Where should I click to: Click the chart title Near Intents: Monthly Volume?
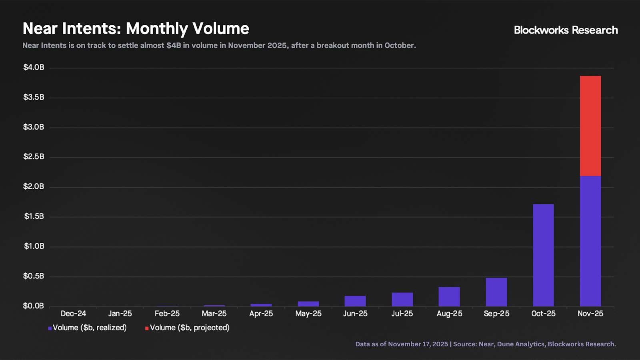coord(136,29)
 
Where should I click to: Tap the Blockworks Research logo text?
coord(566,30)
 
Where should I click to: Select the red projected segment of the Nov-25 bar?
coord(590,126)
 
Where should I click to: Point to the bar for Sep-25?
coord(496,292)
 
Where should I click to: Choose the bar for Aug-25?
coord(449,296)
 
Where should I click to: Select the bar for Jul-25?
coord(402,299)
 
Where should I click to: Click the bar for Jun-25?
coord(355,301)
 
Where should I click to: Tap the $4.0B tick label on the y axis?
coord(34,67)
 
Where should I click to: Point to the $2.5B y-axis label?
coord(34,156)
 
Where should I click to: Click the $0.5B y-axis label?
coord(34,276)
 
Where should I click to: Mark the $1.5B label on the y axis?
coord(34,216)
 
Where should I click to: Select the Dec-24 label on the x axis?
coord(73,314)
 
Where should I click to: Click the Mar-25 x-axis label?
coord(214,314)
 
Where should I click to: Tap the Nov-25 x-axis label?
coord(590,314)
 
